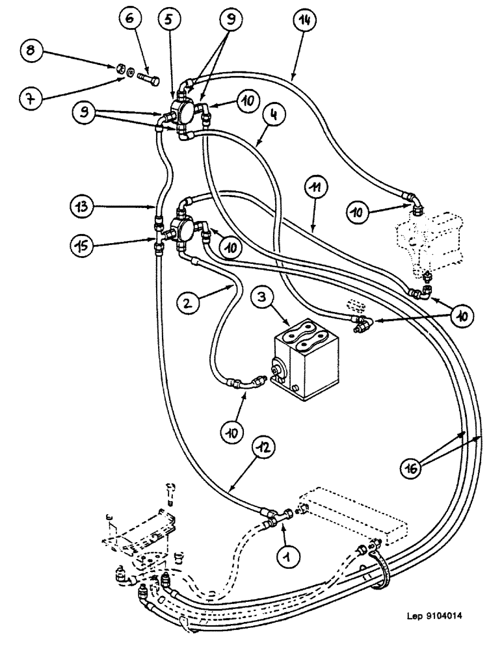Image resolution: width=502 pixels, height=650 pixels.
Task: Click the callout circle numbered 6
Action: point(128,21)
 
